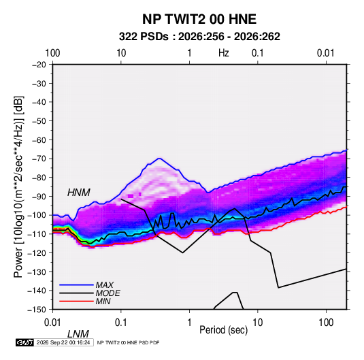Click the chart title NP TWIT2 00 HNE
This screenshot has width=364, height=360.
point(199,19)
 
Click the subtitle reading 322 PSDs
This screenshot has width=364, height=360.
point(144,37)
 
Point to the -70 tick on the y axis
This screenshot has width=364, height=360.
point(39,159)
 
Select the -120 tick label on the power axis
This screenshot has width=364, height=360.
point(37,252)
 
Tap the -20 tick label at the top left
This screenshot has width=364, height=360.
point(39,65)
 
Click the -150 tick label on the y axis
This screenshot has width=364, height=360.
point(37,310)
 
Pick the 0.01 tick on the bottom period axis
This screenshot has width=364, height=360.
point(53,323)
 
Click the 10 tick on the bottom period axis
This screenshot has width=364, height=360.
point(257,323)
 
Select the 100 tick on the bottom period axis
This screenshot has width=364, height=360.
point(326,323)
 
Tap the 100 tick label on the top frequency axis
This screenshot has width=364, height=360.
point(52,53)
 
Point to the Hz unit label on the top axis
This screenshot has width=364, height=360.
point(224,53)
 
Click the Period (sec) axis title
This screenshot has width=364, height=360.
point(224,330)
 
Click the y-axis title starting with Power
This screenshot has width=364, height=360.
point(18,186)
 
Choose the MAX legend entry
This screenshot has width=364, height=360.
point(105,285)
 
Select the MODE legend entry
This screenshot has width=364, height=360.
point(107,293)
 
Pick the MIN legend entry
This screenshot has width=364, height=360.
point(103,301)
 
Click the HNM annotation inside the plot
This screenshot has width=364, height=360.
point(79,193)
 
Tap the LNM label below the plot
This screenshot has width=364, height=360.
point(78,334)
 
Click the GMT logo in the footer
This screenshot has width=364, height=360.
point(24,342)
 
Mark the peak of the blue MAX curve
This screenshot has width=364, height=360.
point(159,158)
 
